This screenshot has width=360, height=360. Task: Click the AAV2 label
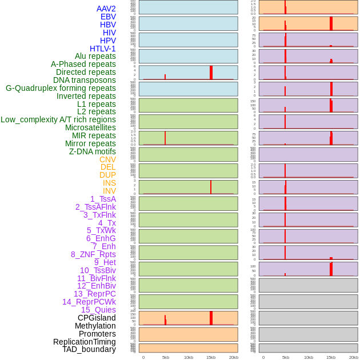point(106,9)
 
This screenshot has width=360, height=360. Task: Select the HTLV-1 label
point(103,49)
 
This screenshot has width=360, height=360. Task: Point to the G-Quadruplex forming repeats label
point(61,88)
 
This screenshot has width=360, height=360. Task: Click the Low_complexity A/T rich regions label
point(58,119)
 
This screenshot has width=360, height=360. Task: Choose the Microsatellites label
point(90,127)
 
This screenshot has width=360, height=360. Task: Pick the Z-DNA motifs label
point(93,151)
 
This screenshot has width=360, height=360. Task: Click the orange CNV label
point(107,159)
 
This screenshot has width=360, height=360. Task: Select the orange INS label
point(109,183)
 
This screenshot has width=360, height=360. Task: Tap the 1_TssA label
point(103,199)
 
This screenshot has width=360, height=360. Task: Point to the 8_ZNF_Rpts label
point(93,254)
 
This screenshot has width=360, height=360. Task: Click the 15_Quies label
point(98,310)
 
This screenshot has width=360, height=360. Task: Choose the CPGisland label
point(97,318)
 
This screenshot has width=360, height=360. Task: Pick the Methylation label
point(95,326)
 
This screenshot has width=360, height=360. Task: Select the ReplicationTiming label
point(85,342)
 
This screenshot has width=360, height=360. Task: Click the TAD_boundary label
point(89,349)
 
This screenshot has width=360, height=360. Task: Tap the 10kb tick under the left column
point(189,357)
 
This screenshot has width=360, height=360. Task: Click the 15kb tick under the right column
point(331,357)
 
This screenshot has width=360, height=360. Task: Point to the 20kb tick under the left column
point(234,357)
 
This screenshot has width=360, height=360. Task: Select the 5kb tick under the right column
point(286,357)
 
